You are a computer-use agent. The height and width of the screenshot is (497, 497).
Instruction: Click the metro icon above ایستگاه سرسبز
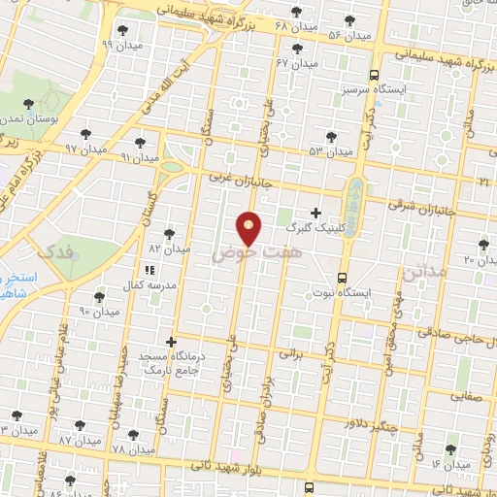pos(375,74)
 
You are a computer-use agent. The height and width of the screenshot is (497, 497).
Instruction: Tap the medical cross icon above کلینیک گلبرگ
pos(315,212)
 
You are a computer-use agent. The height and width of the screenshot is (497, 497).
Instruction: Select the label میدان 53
pos(329,151)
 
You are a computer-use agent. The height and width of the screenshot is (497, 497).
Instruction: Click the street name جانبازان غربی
pos(243,179)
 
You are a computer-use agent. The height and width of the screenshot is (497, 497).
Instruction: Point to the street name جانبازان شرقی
pos(419,206)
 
